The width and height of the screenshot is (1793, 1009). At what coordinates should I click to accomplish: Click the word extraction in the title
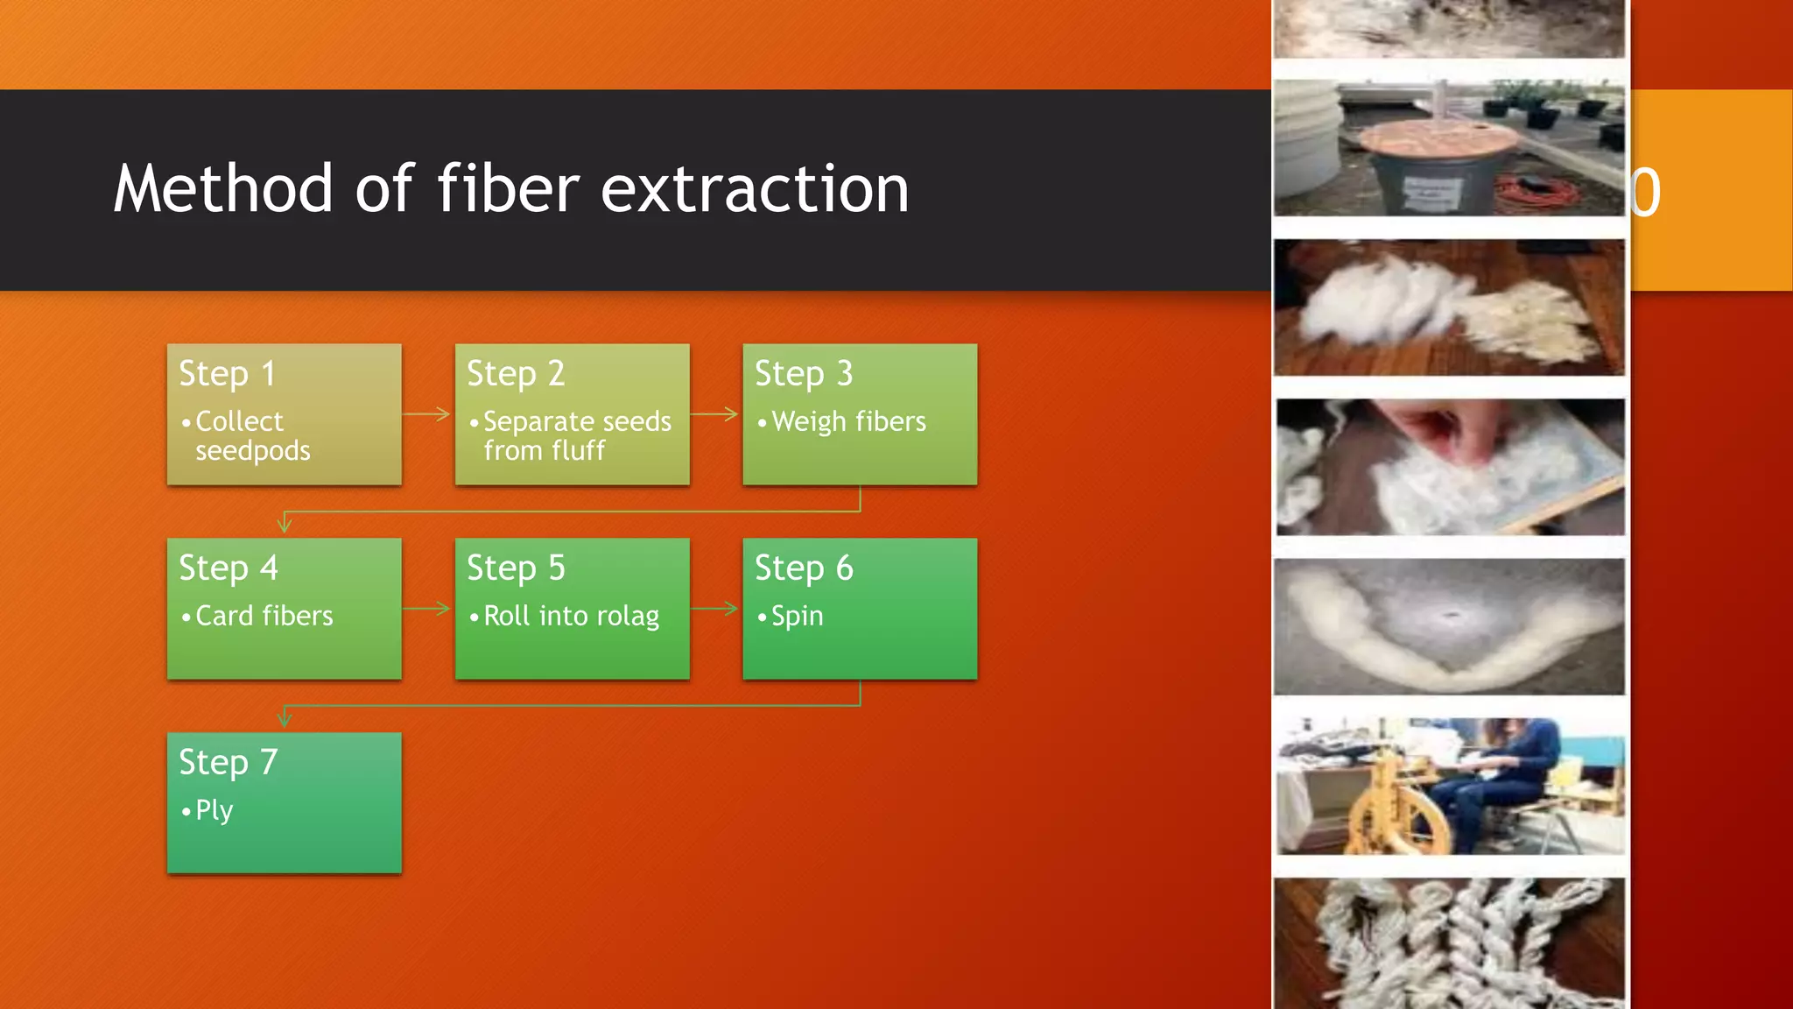[755, 189]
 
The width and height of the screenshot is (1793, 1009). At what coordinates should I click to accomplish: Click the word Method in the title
[223, 189]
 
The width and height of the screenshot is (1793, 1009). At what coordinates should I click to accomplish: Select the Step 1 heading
[228, 374]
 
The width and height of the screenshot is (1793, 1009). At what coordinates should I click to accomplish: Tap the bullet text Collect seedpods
[252, 435]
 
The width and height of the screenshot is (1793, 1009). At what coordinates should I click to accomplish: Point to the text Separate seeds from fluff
[576, 435]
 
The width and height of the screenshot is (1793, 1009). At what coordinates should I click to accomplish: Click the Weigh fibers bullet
[847, 422]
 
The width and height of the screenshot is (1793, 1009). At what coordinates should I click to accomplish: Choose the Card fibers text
[264, 617]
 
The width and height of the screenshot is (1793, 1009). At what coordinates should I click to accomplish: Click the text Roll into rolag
[571, 617]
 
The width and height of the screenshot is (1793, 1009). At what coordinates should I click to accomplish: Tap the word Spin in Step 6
[797, 617]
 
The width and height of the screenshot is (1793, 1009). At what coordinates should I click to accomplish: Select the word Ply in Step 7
[214, 810]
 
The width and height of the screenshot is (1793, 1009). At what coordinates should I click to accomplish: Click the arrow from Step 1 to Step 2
[427, 414]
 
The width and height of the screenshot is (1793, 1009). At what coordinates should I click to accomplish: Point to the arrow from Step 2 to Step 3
[715, 414]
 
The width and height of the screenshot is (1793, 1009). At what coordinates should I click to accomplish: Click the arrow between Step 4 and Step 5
[427, 609]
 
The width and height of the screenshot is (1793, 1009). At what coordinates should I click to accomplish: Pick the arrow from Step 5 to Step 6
[715, 609]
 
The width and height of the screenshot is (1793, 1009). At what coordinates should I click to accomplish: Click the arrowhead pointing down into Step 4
[285, 526]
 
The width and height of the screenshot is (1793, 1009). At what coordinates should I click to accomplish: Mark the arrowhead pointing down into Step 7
[285, 720]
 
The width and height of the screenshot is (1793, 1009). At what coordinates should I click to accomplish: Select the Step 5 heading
[516, 568]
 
